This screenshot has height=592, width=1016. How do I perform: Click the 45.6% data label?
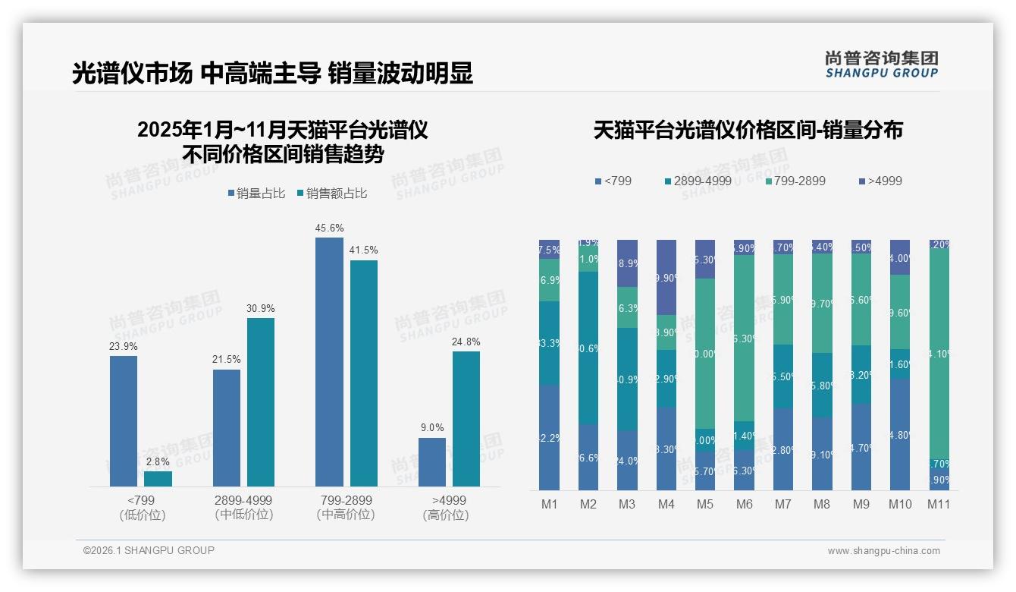point(329,228)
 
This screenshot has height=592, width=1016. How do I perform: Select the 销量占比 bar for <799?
point(124,421)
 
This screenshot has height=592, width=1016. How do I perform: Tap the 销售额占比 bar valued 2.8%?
point(158,479)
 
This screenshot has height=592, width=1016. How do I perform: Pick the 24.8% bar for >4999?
point(466,419)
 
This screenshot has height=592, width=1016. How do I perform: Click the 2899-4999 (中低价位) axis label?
point(243,508)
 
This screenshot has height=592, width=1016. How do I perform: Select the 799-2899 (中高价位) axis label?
point(346,508)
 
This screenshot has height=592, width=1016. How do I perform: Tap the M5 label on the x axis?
point(705,505)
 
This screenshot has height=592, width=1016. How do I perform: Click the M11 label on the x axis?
point(939,505)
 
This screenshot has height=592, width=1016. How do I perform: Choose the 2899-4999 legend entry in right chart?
point(698,181)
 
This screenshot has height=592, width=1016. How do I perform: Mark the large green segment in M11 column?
point(939,353)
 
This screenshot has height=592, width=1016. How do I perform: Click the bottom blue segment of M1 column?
point(550,437)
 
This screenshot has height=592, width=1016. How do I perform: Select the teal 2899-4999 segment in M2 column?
point(588,348)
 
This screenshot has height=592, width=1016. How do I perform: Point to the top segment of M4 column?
point(666,277)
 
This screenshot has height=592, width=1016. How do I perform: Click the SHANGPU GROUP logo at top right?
point(881,64)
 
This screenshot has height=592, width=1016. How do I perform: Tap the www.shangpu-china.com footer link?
point(883,551)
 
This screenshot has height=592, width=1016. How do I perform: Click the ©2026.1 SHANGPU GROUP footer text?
point(149,550)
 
